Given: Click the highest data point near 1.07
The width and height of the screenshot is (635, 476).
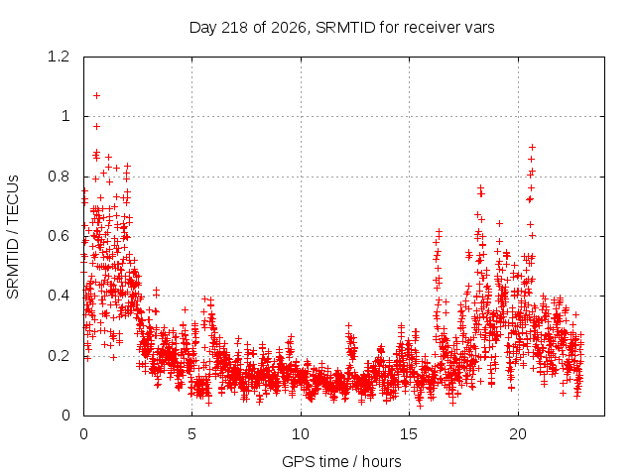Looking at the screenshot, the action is (96, 96).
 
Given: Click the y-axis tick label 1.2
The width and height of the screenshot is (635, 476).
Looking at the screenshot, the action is (59, 57).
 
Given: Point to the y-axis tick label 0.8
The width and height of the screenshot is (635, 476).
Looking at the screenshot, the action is (59, 177).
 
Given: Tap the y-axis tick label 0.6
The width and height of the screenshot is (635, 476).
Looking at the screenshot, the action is (59, 236).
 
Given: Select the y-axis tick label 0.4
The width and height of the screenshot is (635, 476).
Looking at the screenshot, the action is (59, 296).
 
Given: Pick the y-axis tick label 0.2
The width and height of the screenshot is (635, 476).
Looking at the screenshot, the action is (59, 356).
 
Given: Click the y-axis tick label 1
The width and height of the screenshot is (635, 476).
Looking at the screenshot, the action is (65, 117).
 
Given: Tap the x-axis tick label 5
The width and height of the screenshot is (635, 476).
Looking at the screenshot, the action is (191, 434).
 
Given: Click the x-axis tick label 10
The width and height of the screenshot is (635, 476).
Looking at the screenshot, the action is (301, 434).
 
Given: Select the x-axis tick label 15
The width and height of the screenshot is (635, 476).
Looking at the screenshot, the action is (409, 434).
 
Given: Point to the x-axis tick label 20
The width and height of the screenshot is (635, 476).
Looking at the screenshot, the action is (518, 434).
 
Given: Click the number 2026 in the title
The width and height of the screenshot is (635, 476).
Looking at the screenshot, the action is (289, 28).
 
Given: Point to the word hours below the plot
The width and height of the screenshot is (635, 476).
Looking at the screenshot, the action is (382, 461).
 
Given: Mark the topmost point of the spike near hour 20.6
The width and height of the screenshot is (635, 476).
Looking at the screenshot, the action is (533, 148).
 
